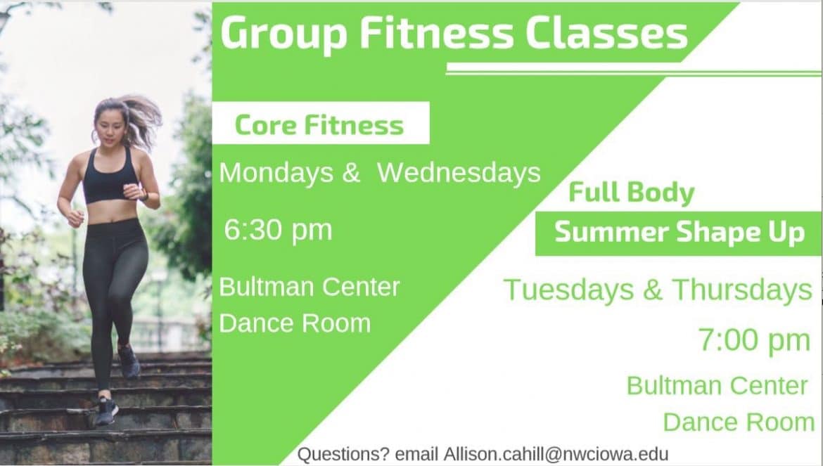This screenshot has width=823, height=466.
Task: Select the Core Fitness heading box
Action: (x=320, y=124)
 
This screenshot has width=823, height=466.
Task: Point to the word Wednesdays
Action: (x=459, y=173)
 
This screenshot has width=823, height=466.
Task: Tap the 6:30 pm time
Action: (x=278, y=230)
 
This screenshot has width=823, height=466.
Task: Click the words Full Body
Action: (x=631, y=193)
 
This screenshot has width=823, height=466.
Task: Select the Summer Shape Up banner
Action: (x=678, y=233)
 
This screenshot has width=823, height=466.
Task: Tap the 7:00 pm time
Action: (x=754, y=340)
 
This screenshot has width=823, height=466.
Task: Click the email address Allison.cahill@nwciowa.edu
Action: (x=556, y=454)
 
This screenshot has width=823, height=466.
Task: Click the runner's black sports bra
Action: (x=110, y=181)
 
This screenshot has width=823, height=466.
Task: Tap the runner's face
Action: (x=110, y=129)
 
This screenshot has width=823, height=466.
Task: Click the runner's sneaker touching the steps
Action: (x=106, y=410)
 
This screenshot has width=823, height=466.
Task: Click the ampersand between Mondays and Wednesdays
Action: (x=351, y=173)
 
